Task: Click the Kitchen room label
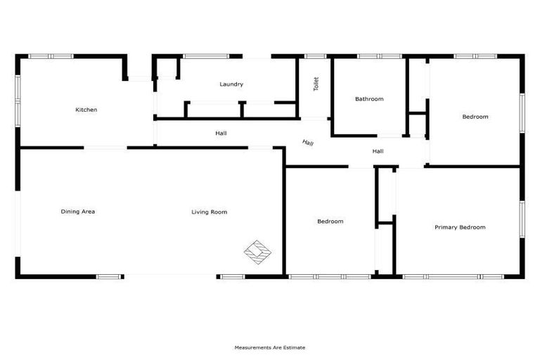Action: coord(86,110)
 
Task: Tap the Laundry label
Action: coord(231,84)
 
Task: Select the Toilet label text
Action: coord(316,84)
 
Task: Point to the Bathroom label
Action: coord(369,99)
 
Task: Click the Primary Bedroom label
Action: coord(460,227)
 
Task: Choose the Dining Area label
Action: coord(78,212)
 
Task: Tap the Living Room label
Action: coord(210,212)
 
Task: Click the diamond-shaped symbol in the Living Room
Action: coord(257,251)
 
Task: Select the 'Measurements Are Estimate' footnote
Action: coord(270,347)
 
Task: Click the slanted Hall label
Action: coord(308,143)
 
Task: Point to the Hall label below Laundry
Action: coord(221,133)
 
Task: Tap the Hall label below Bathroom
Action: coord(378,151)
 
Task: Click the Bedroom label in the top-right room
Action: coord(475,117)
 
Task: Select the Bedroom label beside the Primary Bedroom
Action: coord(330,221)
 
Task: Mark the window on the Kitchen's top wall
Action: coord(51,56)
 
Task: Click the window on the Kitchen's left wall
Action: coord(18,95)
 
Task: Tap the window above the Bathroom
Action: coord(380,56)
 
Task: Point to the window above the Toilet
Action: coord(316,56)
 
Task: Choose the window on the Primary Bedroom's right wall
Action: coord(522,219)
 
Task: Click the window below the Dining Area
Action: coord(110,276)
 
